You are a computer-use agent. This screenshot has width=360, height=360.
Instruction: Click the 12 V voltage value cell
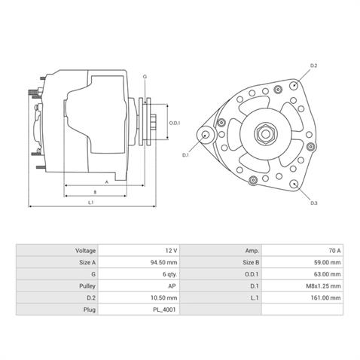[x=169, y=250]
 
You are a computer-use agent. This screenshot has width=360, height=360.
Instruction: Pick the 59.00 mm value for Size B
[x=328, y=262]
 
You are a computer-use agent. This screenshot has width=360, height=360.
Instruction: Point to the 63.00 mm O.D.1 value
[x=328, y=274]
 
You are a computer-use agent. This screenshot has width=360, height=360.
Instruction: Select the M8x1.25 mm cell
[x=325, y=286]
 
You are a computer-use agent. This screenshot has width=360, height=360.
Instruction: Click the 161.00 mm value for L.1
[x=326, y=298]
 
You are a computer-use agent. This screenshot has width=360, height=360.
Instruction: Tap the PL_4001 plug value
[x=166, y=310]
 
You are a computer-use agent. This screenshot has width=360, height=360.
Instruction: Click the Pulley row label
[x=85, y=286]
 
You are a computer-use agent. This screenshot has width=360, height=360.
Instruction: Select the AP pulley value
[x=172, y=286]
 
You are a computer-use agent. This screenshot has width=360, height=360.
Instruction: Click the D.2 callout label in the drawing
[x=314, y=67]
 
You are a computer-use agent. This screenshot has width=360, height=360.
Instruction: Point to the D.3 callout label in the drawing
[x=314, y=203]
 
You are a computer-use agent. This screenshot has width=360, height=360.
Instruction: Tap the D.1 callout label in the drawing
[x=186, y=155]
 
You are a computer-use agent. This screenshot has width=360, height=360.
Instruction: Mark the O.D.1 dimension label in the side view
[x=173, y=123]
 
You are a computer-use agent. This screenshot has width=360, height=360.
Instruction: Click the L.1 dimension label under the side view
[x=90, y=203]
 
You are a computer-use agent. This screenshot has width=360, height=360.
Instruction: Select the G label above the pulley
[x=145, y=78]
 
